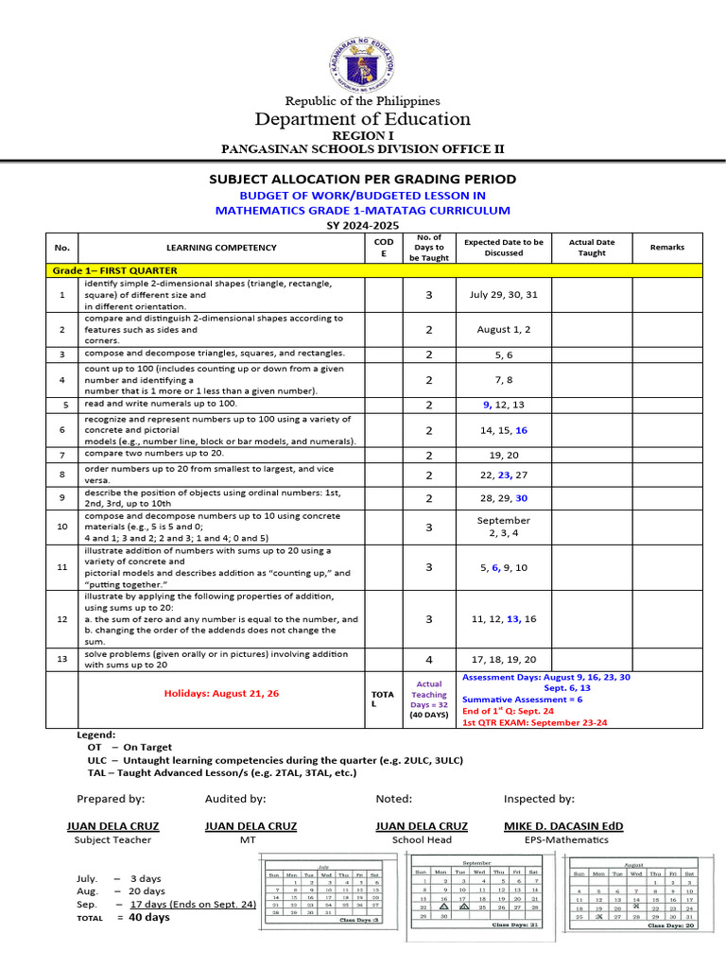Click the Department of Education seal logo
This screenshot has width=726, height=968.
(363, 63)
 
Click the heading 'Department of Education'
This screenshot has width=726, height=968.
(363, 119)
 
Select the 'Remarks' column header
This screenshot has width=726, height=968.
(667, 248)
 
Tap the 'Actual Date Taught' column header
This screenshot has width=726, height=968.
(592, 248)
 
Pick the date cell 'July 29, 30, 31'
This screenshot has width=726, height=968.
(504, 295)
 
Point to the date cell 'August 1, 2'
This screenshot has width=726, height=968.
(504, 330)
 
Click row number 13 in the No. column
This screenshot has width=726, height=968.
(62, 660)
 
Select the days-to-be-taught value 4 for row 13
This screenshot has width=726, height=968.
(428, 660)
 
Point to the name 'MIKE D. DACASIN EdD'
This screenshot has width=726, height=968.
(563, 826)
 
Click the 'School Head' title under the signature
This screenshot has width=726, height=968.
(422, 839)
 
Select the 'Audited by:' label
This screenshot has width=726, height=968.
(233, 799)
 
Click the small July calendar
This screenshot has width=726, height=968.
(323, 890)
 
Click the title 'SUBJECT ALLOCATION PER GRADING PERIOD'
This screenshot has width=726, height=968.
(363, 179)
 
